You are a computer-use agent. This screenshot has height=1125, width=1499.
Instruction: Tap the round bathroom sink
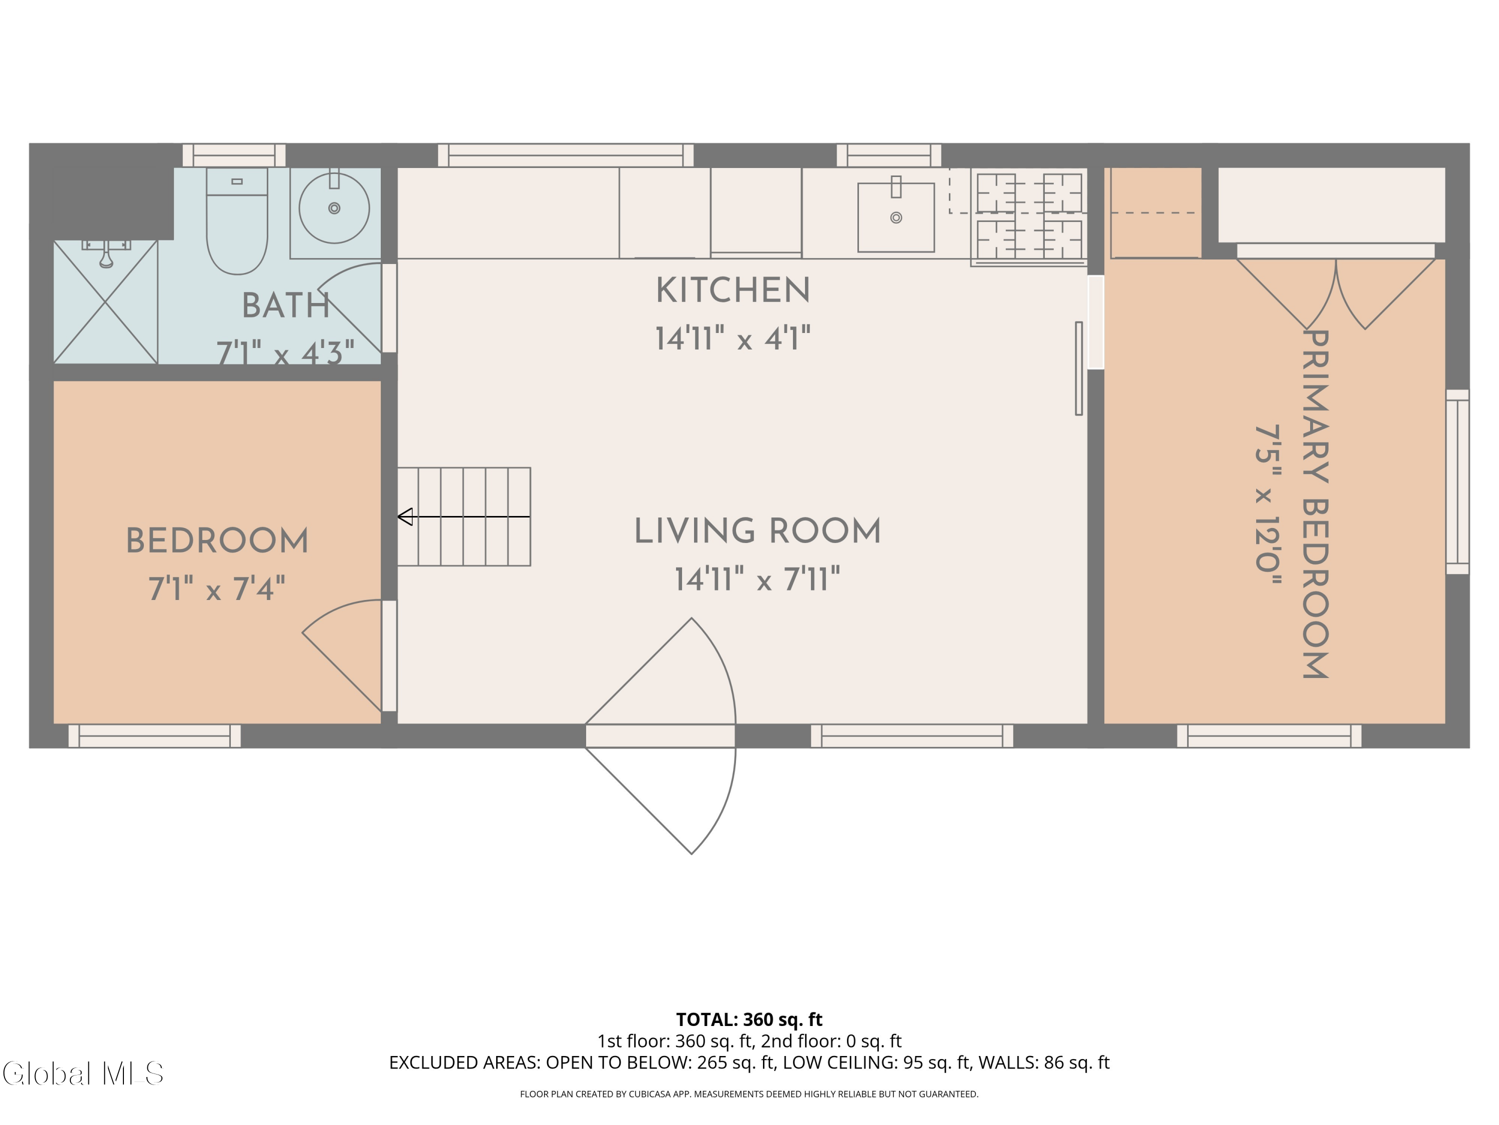(x=334, y=208)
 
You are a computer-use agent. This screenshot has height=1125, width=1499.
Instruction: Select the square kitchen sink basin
(x=896, y=217)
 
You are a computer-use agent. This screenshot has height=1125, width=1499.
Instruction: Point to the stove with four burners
(x=1029, y=215)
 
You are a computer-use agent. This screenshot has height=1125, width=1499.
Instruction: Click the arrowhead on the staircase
(x=405, y=516)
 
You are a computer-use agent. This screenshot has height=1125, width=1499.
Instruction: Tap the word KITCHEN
(x=733, y=291)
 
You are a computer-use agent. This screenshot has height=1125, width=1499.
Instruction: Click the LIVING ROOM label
(x=757, y=531)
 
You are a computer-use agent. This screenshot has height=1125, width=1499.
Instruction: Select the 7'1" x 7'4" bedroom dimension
(x=217, y=588)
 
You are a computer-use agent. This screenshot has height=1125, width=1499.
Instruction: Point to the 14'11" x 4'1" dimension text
(x=733, y=337)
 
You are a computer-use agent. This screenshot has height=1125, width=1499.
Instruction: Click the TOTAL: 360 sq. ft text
(x=749, y=1019)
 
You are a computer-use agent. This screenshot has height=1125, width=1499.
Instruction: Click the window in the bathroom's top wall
(x=234, y=155)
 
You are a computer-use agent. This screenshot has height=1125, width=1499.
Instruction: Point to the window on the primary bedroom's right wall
(x=1458, y=481)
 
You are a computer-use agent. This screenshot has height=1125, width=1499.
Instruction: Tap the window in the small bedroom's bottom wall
(x=154, y=736)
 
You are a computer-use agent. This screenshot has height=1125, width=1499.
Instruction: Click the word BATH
(x=286, y=306)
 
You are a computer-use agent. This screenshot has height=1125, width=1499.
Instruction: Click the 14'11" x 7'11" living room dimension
(x=757, y=580)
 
